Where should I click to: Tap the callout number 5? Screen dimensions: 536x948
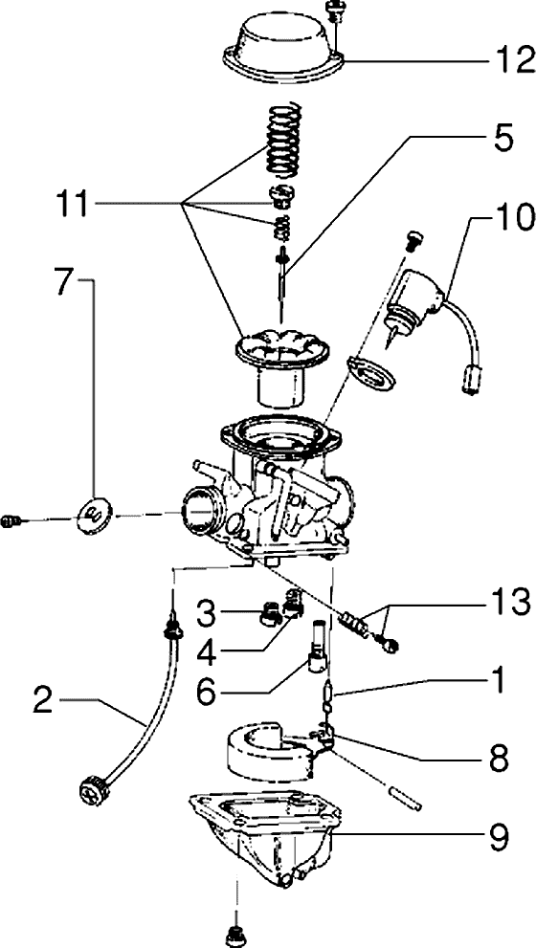pos(500,138)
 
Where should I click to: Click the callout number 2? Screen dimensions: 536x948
pos(47,701)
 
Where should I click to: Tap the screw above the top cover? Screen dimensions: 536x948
pos(333,11)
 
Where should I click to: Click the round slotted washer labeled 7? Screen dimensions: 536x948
pos(96,514)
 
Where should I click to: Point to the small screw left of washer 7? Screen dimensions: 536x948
pos(11,520)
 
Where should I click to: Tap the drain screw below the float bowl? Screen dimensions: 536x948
pos(235,936)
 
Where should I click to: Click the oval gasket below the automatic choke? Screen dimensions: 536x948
pos(370,372)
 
